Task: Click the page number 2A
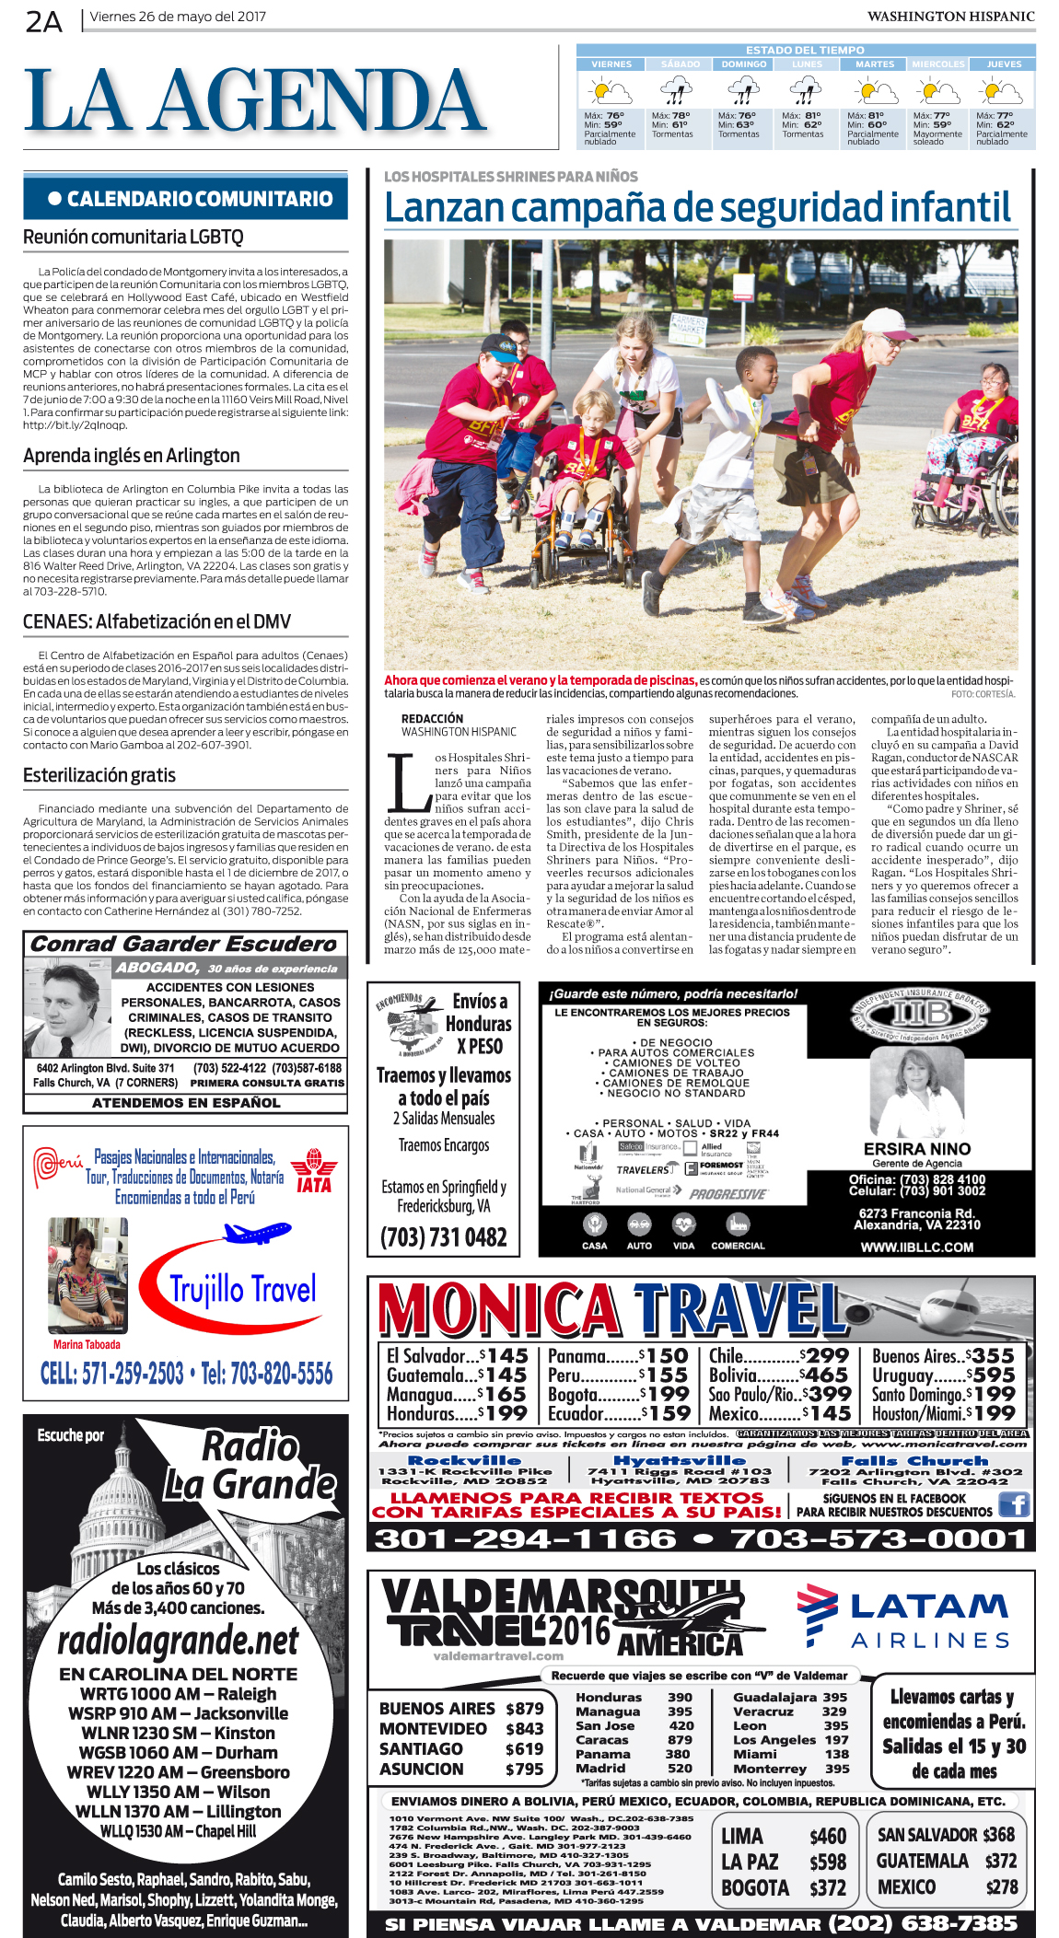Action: coord(43,20)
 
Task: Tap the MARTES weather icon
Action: coord(873,92)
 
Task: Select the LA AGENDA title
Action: coord(255,101)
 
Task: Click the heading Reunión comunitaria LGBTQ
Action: coord(134,238)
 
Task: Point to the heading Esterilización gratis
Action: coord(99,775)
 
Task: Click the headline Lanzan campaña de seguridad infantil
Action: coord(698,208)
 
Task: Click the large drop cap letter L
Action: coord(406,783)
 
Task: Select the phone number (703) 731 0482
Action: coord(443,1237)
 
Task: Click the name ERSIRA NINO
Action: coord(916,1149)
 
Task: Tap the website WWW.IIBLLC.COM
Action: coord(916,1248)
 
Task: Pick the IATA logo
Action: coord(314,1171)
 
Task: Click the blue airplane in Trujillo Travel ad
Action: coord(258,1232)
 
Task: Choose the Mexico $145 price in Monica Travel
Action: coord(779,1413)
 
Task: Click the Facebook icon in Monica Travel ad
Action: coord(1013,1504)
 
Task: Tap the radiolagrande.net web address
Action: coord(178,1641)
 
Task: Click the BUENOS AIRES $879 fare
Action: coord(460,1709)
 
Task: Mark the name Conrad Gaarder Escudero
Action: coord(184,944)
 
